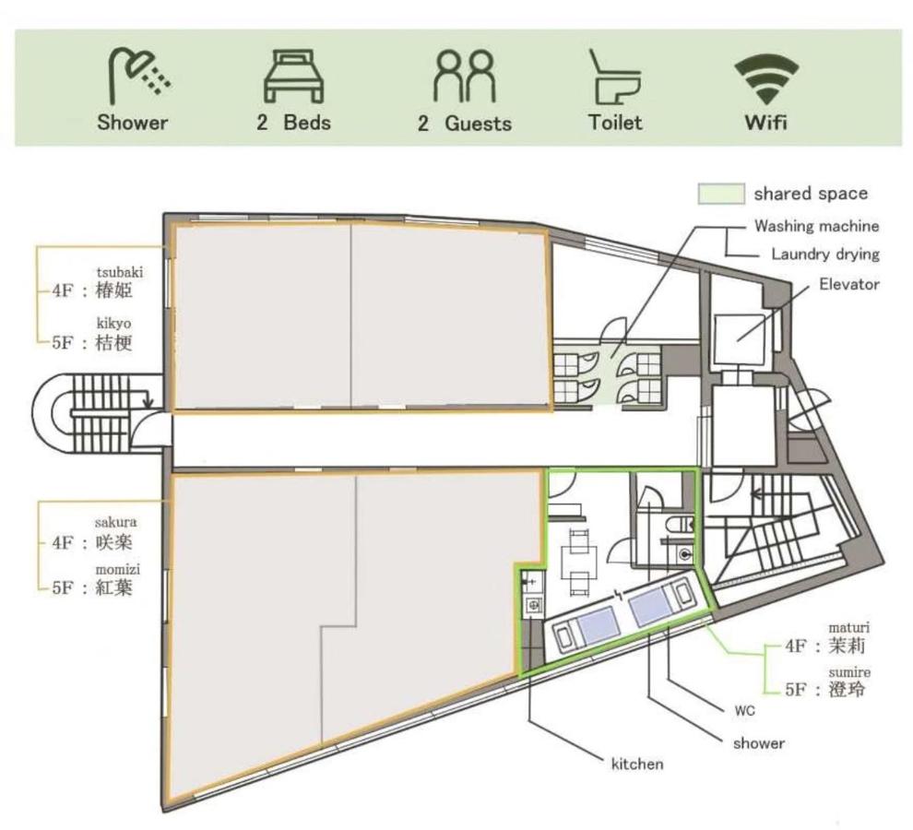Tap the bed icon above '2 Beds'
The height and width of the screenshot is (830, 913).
click(x=293, y=77)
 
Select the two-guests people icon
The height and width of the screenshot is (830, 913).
click(x=464, y=76)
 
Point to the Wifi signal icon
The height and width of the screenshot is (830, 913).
click(x=765, y=78)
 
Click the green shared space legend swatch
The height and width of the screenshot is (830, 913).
click(x=721, y=194)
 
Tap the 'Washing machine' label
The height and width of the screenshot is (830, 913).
click(x=816, y=226)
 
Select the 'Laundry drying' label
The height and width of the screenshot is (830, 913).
click(x=825, y=254)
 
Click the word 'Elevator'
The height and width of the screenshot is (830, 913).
click(x=849, y=284)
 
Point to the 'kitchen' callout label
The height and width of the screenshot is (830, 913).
click(x=637, y=764)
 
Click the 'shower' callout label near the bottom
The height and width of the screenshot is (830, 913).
click(x=759, y=742)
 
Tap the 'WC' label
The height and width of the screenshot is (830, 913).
click(x=745, y=711)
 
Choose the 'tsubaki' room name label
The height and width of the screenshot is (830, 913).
click(x=119, y=273)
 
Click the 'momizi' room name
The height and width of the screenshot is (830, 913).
click(x=118, y=569)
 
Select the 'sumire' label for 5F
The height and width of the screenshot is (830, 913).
click(x=849, y=672)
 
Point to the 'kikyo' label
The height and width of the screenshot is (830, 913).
click(x=113, y=324)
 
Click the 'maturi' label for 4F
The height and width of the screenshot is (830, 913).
click(x=849, y=627)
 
